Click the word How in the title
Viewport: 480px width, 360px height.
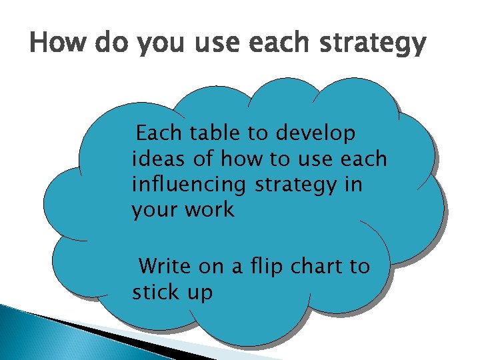point(60,44)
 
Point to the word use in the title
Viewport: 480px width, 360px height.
point(221,44)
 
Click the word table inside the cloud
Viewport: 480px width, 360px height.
point(216,134)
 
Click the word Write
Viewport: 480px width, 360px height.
point(166,267)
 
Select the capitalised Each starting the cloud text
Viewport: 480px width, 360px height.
point(158,134)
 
